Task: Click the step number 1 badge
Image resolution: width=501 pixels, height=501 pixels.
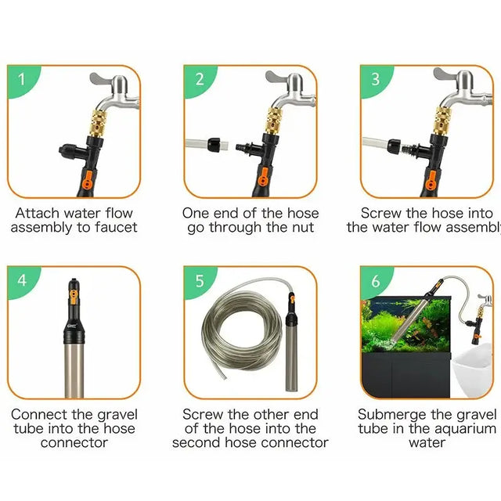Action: click(21, 78)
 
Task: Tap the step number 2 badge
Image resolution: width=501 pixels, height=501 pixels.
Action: click(199, 78)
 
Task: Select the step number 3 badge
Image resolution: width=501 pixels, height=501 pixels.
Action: click(376, 78)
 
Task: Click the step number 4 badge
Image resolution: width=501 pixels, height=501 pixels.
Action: click(21, 279)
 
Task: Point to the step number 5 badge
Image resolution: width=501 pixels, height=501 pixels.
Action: click(199, 279)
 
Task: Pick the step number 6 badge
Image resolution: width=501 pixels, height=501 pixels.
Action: click(376, 279)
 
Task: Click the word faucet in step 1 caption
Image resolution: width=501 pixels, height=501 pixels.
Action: click(116, 228)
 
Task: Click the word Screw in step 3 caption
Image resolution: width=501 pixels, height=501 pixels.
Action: click(382, 213)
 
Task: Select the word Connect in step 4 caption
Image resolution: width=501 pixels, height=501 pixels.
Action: click(36, 414)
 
